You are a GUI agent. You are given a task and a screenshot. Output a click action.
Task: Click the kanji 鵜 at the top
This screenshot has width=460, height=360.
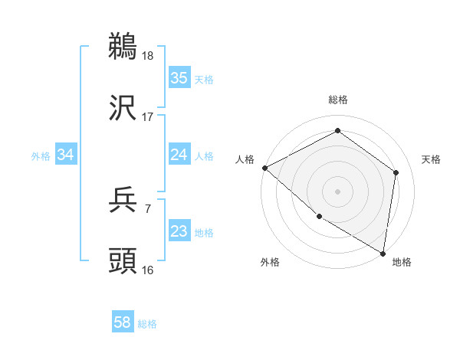tap(123, 47)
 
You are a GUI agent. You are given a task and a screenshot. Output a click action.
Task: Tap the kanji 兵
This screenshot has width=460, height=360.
tap(123, 201)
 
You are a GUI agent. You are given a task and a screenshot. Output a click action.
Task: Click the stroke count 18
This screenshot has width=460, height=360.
tap(149, 56)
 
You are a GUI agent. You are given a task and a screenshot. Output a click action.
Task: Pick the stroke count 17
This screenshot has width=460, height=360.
tap(148, 117)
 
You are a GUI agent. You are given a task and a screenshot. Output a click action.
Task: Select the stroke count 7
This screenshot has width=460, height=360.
tap(147, 209)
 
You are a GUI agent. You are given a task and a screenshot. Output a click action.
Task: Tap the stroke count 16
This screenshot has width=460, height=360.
tap(148, 270)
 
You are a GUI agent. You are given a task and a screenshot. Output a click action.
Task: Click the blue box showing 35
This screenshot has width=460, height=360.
tap(179, 78)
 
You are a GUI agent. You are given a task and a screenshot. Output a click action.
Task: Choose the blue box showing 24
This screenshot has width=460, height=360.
tap(179, 155)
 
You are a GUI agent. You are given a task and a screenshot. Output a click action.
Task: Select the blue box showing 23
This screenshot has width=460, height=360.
tap(179, 231)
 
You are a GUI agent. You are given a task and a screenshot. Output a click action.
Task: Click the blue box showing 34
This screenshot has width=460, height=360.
tap(66, 155)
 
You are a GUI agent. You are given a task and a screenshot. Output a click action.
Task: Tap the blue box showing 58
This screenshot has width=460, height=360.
tap(123, 323)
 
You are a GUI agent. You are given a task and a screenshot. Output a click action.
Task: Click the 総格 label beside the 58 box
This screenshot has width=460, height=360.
tap(147, 325)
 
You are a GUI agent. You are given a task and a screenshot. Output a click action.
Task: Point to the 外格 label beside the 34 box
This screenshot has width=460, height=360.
tap(41, 156)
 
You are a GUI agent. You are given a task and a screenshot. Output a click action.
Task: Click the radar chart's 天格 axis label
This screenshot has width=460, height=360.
tap(432, 159)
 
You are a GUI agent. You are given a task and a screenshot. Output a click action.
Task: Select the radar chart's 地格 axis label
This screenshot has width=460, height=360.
tap(402, 263)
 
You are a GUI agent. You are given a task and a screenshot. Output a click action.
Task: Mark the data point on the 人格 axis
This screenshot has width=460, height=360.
tap(264, 168)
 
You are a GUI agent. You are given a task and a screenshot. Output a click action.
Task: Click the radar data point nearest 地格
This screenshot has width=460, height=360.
tap(383, 253)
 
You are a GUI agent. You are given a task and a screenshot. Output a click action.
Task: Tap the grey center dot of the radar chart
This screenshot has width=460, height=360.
tap(337, 191)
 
